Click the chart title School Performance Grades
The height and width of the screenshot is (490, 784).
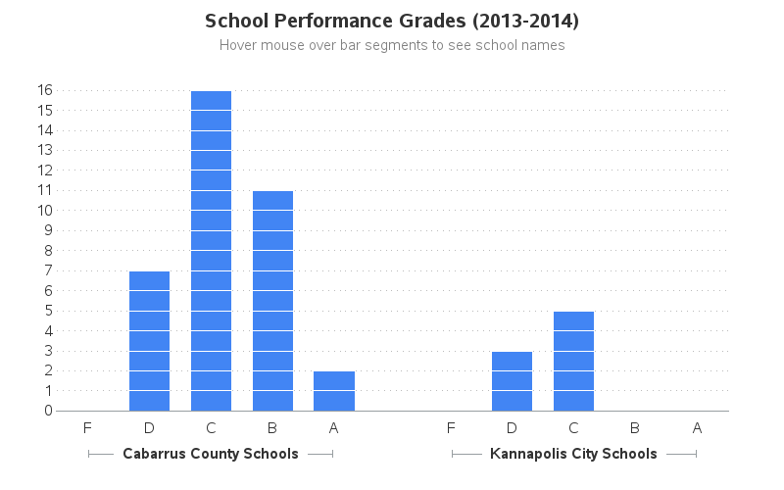coord(392,21)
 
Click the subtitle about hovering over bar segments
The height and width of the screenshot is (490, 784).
coord(392,45)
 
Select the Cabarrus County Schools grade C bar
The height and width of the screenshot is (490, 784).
coord(211,251)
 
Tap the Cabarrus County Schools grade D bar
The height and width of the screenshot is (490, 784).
coord(149,341)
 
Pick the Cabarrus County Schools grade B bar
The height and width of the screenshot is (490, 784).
coord(272,301)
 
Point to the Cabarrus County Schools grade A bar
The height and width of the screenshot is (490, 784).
coord(334,391)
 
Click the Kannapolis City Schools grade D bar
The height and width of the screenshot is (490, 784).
coord(512,381)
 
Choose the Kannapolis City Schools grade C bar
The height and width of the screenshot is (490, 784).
coord(573,361)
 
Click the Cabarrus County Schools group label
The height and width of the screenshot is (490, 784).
coord(211,454)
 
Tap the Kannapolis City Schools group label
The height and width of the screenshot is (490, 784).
coord(573,454)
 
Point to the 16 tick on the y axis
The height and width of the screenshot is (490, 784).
coord(45,90)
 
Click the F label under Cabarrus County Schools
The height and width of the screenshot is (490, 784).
coord(88,427)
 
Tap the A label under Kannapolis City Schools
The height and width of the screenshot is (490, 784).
coord(697,427)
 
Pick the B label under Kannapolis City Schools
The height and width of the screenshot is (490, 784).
coord(635,427)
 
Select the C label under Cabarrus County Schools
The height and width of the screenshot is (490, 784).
coord(211,427)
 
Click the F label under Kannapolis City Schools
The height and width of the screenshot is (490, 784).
coord(451,427)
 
